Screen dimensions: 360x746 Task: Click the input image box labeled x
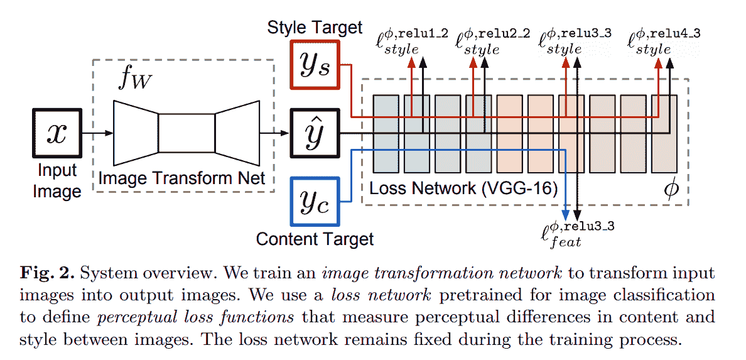click(x=57, y=133)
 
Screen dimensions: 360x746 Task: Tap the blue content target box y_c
click(x=315, y=202)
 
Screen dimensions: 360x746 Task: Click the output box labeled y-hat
click(x=315, y=133)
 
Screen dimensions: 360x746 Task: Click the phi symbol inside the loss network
click(x=671, y=188)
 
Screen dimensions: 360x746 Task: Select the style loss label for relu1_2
click(x=411, y=41)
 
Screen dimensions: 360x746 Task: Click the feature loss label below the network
click(x=576, y=233)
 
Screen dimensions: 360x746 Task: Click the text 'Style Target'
click(x=315, y=27)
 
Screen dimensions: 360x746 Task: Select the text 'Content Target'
click(x=315, y=239)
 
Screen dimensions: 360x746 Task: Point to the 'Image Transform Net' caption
click(x=182, y=178)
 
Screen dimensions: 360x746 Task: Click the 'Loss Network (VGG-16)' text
click(x=463, y=188)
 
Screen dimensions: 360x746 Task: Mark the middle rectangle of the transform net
click(x=186, y=133)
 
